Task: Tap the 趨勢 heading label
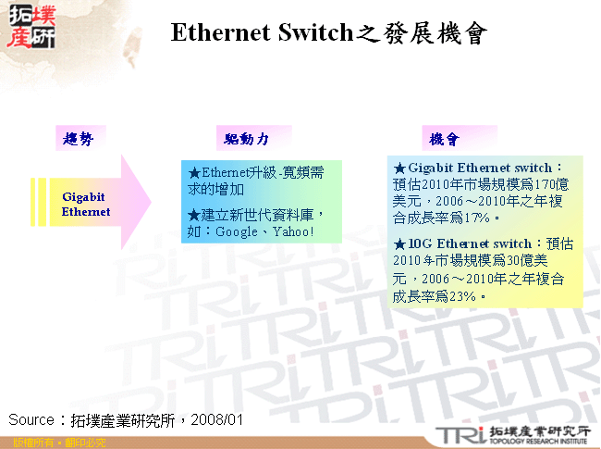[78, 139]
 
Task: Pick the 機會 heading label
[444, 140]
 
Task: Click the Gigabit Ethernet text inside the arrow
[85, 205]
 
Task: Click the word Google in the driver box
[236, 231]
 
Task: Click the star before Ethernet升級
[193, 173]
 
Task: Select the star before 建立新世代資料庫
[193, 215]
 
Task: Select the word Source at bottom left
[31, 420]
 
